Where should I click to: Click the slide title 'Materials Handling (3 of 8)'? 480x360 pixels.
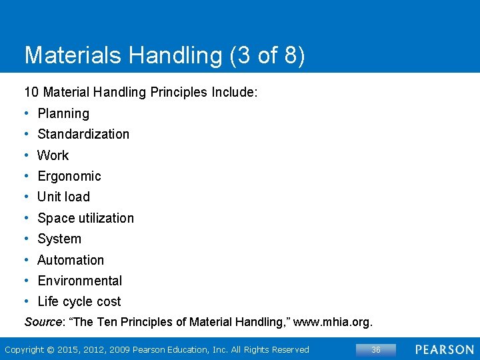[165, 55]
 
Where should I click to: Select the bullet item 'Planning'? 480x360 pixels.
[63, 113]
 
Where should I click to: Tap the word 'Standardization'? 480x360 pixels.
[83, 134]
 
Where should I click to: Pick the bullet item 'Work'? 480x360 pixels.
[53, 155]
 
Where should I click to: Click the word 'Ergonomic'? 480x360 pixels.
[69, 176]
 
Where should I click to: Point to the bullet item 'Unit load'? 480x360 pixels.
[63, 197]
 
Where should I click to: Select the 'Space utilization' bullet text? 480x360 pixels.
[85, 218]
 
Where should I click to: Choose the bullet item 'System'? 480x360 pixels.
[59, 239]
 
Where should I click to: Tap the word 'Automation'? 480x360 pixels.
[71, 260]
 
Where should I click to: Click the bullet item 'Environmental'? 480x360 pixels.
[80, 281]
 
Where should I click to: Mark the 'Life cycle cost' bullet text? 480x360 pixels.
[79, 301]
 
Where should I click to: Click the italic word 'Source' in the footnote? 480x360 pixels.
[43, 322]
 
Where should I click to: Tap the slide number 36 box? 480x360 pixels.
[376, 350]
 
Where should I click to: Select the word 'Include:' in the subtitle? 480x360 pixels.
[234, 92]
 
